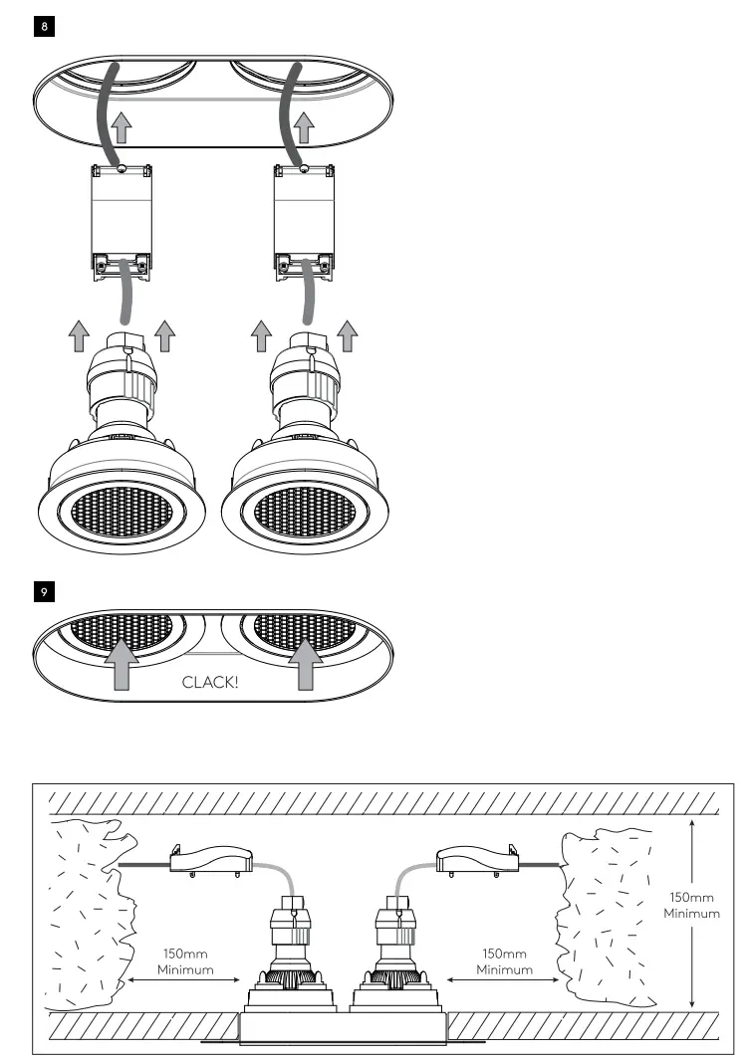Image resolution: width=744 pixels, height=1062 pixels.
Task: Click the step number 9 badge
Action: click(44, 591)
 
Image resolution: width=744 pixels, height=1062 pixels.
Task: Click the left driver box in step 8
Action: click(121, 215)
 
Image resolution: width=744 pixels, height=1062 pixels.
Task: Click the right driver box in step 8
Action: click(305, 215)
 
